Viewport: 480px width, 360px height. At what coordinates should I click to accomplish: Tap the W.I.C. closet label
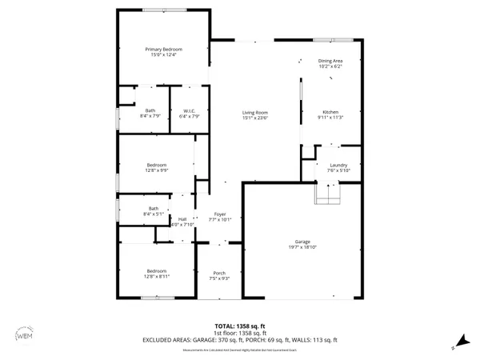[x=190, y=111]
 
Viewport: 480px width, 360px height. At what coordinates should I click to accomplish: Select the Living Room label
[x=255, y=113]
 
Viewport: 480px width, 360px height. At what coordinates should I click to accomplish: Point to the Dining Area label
[x=330, y=61]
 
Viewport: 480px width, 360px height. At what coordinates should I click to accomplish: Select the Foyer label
[x=219, y=214]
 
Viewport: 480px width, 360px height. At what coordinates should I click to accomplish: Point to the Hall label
[x=182, y=218]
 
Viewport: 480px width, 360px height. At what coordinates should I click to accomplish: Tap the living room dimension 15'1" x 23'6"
[x=255, y=118]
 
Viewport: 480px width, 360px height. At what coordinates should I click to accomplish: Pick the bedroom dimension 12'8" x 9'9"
[x=157, y=170]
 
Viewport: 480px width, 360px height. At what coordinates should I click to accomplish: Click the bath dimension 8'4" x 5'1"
[x=154, y=214]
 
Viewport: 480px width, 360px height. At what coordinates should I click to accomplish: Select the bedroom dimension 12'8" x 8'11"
[x=157, y=276]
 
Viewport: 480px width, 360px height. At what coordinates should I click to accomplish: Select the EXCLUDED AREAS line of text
[x=240, y=341]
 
